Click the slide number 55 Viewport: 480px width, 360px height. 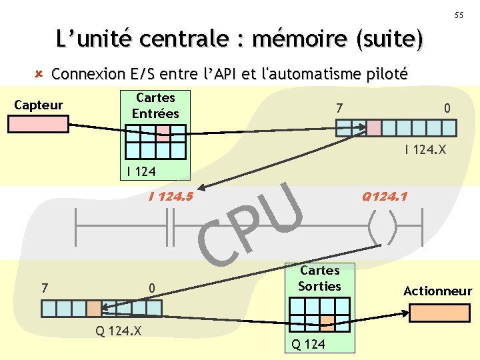coord(459,15)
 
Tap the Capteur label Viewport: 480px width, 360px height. coord(39,105)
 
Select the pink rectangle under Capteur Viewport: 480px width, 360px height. coord(38,125)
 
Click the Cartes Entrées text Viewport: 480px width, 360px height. coord(155,106)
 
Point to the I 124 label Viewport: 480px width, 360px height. coord(141,171)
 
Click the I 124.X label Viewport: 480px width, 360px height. coord(425,151)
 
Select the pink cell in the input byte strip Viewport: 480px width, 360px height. coord(374,128)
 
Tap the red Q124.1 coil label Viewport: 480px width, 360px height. coord(385,197)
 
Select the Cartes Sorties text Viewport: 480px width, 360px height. coord(319,279)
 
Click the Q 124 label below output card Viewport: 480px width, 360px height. coord(309,344)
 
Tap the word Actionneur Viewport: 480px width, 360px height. coord(437,291)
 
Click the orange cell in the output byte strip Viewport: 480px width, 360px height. coord(94,308)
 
